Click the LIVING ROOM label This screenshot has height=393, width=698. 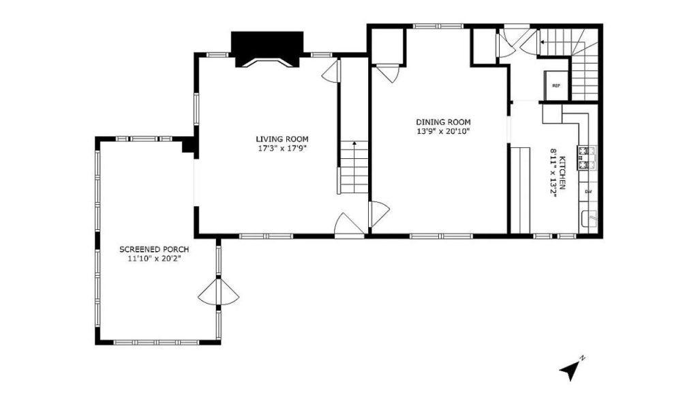[x=282, y=139]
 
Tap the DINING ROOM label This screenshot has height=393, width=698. [x=443, y=122]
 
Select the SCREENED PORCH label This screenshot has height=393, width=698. [x=154, y=249]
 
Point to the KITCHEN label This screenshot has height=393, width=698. [x=562, y=173]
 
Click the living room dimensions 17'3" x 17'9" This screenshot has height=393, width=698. [x=283, y=148]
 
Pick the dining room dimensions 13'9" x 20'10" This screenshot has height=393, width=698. [x=443, y=132]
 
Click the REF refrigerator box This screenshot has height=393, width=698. [x=556, y=85]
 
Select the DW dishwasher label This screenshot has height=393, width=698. [x=588, y=192]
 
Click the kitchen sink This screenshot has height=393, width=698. [x=589, y=219]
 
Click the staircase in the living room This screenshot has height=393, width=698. [x=354, y=167]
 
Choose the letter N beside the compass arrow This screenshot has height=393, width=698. [x=582, y=358]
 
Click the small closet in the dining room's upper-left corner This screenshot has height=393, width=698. [x=388, y=47]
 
